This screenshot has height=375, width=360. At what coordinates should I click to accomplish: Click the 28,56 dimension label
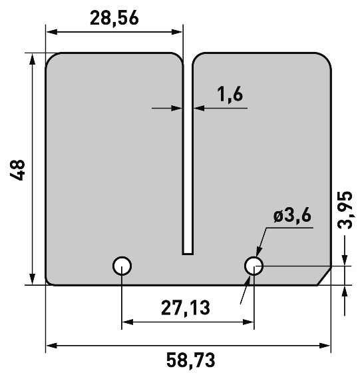pos(114,19)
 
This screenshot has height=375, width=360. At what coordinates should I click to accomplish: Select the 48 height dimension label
pos(17,170)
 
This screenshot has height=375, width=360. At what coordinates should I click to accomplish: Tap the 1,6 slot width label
pos(230,95)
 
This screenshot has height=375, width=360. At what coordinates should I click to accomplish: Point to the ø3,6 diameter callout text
pos(292,216)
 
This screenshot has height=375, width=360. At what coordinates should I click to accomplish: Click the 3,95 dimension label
pos(345,210)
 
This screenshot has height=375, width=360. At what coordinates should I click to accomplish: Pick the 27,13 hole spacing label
pos(186,308)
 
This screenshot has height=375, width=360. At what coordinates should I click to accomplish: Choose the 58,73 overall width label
pos(190,360)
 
